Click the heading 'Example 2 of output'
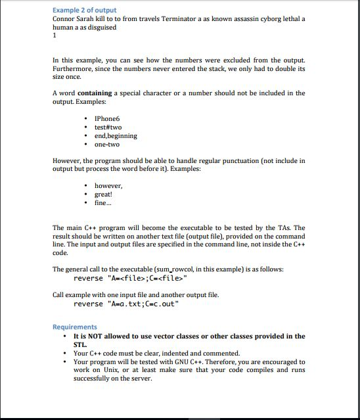(x=84, y=10)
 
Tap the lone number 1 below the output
(x=55, y=36)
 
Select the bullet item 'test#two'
(x=108, y=127)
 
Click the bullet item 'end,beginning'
(x=116, y=136)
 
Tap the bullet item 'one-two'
(x=106, y=145)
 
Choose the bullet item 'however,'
(x=108, y=186)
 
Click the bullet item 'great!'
(x=104, y=195)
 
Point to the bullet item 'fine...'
(x=103, y=203)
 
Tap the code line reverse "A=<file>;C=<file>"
(x=125, y=279)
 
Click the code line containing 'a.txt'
(x=125, y=304)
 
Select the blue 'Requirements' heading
(x=74, y=327)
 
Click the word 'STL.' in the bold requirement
(x=79, y=344)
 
